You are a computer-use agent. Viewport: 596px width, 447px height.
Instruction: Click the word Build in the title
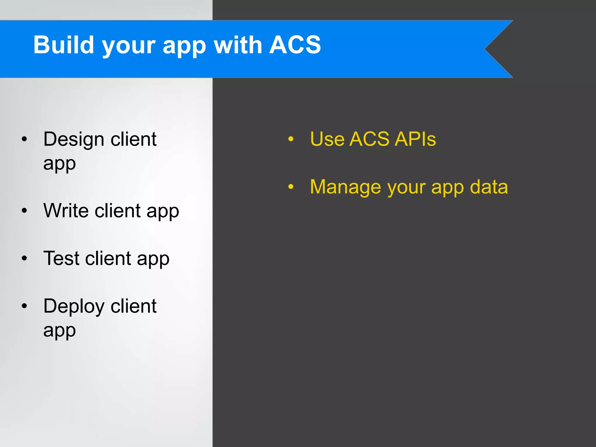point(63,45)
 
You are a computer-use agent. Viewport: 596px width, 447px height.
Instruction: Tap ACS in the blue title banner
point(295,45)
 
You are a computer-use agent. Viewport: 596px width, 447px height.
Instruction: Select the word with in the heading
point(238,45)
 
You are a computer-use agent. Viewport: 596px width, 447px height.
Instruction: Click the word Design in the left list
point(74,139)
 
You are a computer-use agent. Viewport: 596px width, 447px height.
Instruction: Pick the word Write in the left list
point(66,210)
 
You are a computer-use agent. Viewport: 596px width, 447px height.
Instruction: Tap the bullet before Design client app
point(24,139)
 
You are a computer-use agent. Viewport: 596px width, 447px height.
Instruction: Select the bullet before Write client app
point(24,211)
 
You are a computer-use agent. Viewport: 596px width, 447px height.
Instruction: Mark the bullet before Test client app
point(24,258)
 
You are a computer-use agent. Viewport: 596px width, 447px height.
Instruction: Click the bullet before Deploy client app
point(24,306)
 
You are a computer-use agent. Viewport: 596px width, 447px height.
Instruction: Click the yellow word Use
point(327,139)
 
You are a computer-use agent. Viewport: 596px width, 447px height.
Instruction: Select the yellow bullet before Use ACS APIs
point(291,139)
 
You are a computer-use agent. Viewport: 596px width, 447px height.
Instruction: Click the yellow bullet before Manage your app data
point(291,187)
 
